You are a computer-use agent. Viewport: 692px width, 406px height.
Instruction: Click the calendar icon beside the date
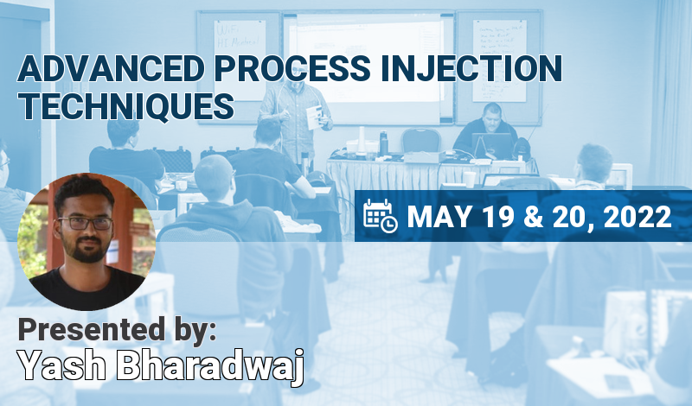pyautogui.click(x=380, y=216)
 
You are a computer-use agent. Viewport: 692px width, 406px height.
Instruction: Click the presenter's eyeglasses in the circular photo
pyautogui.click(x=84, y=222)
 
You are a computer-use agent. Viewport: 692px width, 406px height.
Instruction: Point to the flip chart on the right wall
pyautogui.click(x=499, y=52)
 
